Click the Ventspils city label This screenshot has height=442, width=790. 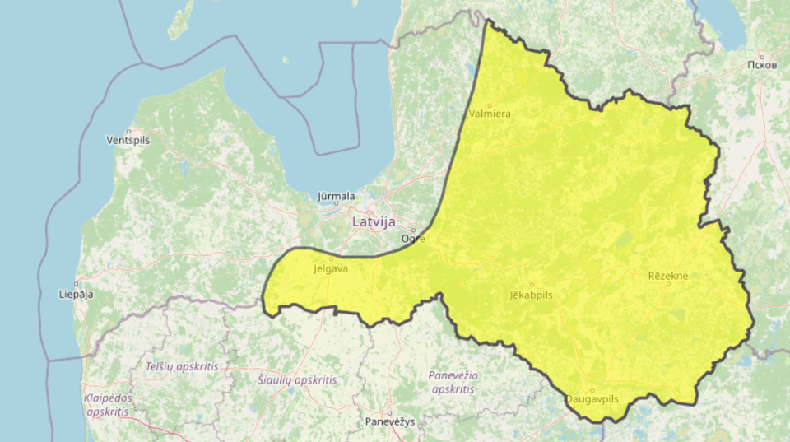[x=128, y=141]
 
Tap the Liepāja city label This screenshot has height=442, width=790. [x=77, y=294]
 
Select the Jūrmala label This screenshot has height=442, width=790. [x=337, y=197]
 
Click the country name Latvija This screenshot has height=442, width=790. [x=374, y=222]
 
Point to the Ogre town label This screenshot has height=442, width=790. [x=413, y=239]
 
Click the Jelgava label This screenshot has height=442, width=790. [x=332, y=268]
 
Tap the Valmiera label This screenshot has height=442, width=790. [x=490, y=114]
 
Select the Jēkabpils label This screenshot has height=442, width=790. [x=531, y=294]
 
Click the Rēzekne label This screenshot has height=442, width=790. [x=667, y=276]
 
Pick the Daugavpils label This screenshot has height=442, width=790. [x=592, y=398]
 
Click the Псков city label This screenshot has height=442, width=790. [x=761, y=65]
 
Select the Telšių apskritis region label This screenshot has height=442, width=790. [x=182, y=366]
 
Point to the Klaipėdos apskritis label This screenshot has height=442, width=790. [x=107, y=404]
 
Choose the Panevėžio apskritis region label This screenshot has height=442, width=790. [x=453, y=382]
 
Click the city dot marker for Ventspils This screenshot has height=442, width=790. [x=129, y=131]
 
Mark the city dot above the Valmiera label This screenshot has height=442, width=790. [x=489, y=105]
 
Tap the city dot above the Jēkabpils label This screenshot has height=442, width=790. [x=531, y=285]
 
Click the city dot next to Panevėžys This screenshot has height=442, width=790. [x=389, y=413]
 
